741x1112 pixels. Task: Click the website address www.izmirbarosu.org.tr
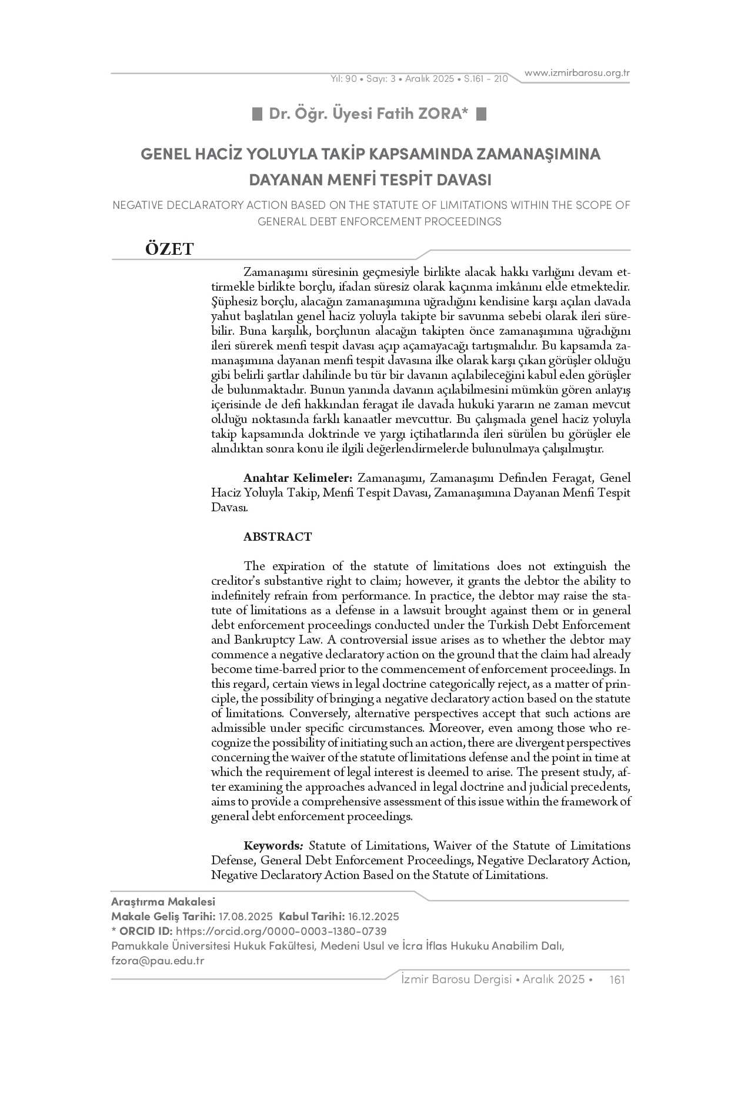(x=577, y=73)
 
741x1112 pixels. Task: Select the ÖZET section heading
(x=169, y=249)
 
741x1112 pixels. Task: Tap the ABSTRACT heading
(x=278, y=537)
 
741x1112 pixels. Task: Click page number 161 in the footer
(x=617, y=979)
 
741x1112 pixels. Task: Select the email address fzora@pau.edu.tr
(x=158, y=960)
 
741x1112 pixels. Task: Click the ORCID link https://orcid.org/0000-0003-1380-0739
(x=281, y=931)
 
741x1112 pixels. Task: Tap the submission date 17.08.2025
(x=245, y=916)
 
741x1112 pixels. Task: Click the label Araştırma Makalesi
(x=163, y=901)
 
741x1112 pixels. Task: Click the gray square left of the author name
(x=257, y=114)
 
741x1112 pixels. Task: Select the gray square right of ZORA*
(x=481, y=114)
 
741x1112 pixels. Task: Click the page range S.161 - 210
(x=486, y=78)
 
